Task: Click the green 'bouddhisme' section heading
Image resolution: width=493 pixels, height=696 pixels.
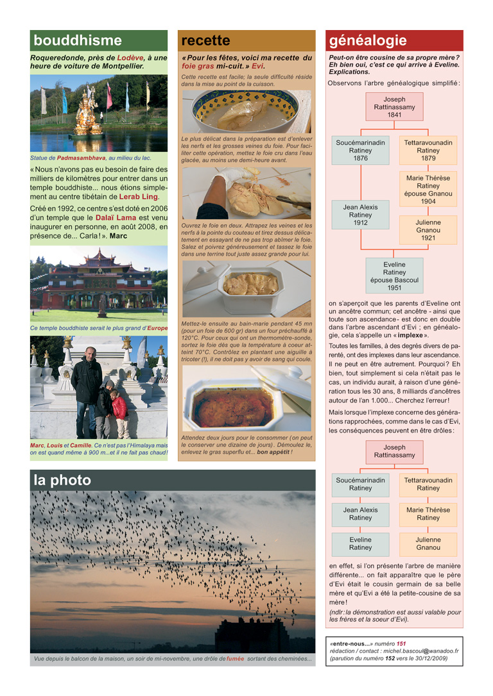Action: point(78,40)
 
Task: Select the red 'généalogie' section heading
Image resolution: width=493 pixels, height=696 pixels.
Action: point(368,40)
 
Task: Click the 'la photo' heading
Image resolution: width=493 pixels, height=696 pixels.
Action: point(62,480)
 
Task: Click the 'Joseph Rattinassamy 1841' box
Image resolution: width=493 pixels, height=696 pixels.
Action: point(394,107)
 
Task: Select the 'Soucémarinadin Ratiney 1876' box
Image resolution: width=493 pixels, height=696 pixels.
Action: point(360,150)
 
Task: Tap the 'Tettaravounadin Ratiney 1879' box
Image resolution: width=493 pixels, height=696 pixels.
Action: point(428,150)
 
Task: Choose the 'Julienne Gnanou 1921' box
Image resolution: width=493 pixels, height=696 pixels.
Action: point(428,229)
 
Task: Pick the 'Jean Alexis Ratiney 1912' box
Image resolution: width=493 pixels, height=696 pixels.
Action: point(360,215)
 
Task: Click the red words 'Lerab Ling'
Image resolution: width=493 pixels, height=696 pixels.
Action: point(138,196)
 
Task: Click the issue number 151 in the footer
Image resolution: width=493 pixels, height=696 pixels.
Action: point(401,643)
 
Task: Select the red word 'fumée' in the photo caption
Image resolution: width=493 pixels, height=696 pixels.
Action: point(235,659)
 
